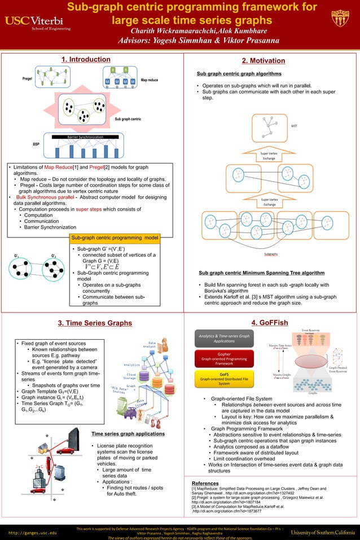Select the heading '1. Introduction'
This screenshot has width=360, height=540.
pyautogui.click(x=86, y=59)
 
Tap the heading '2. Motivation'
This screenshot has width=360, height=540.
pyautogui.click(x=263, y=61)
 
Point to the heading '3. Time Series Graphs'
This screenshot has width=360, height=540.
pyautogui.click(x=95, y=323)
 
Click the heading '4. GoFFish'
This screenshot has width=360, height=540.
pyautogui.click(x=270, y=323)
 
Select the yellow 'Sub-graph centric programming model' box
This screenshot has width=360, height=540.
pyautogui.click(x=113, y=238)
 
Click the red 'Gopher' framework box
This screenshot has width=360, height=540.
pyautogui.click(x=224, y=358)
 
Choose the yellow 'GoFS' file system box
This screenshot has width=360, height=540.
pyautogui.click(x=224, y=379)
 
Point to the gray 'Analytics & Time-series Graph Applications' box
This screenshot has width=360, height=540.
pyautogui.click(x=224, y=338)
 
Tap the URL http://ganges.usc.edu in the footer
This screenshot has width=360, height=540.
pyautogui.click(x=32, y=532)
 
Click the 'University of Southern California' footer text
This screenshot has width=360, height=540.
pyautogui.click(x=322, y=532)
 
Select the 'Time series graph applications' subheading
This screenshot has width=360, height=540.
pyautogui.click(x=128, y=434)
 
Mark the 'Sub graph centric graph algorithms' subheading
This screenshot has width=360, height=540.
pyautogui.click(x=239, y=74)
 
